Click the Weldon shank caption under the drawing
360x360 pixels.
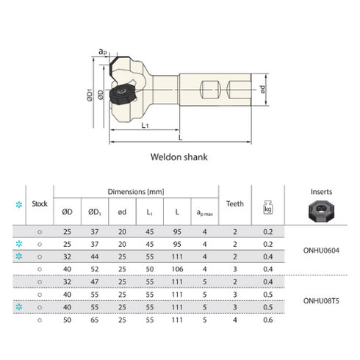[179, 156]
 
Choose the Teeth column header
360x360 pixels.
[235, 204]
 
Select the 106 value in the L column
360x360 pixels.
[176, 268]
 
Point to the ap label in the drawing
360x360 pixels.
[103, 52]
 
